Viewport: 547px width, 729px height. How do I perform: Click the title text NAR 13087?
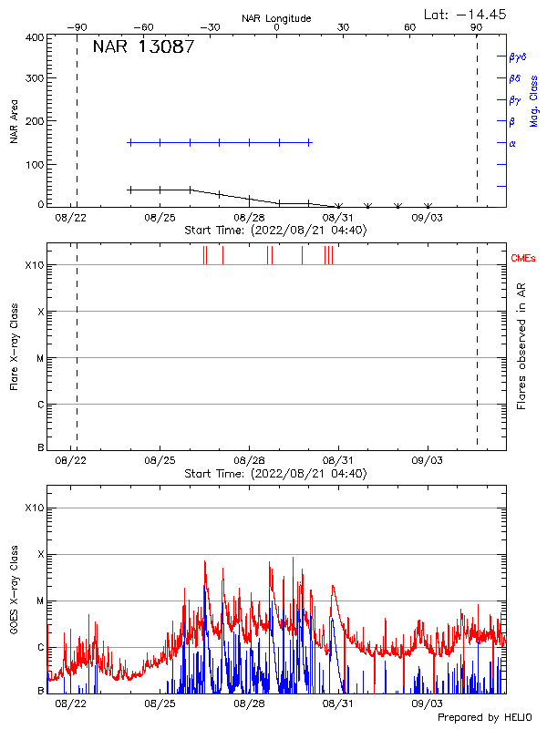tap(143, 47)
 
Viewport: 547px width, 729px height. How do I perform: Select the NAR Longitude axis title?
tap(276, 18)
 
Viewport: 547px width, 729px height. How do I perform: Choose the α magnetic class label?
tap(511, 143)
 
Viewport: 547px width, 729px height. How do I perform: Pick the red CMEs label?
tap(523, 260)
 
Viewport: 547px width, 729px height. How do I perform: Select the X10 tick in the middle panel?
tap(34, 265)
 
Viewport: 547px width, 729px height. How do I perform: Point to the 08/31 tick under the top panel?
tap(337, 219)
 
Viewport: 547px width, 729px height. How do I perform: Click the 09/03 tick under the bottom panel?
tap(427, 704)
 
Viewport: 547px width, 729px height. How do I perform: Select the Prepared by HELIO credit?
tap(483, 718)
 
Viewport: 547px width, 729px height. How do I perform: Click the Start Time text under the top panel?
tap(275, 231)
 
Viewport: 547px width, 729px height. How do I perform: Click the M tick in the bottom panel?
tap(39, 601)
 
